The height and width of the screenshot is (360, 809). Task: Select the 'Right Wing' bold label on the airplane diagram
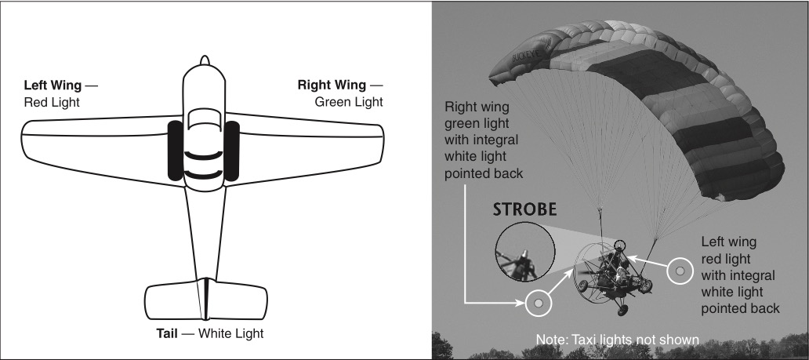[x=332, y=85]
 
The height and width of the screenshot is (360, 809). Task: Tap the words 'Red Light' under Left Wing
[x=52, y=102]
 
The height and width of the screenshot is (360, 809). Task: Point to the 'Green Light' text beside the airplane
[x=349, y=102]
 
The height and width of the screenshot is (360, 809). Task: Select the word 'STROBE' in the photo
[x=524, y=209]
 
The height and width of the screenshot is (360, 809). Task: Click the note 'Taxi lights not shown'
[x=617, y=340]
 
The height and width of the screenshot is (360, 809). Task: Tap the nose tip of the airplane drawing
[x=204, y=60]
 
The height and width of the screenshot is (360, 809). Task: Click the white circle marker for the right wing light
[x=538, y=302]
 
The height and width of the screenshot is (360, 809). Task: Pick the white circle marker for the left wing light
[x=680, y=271]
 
